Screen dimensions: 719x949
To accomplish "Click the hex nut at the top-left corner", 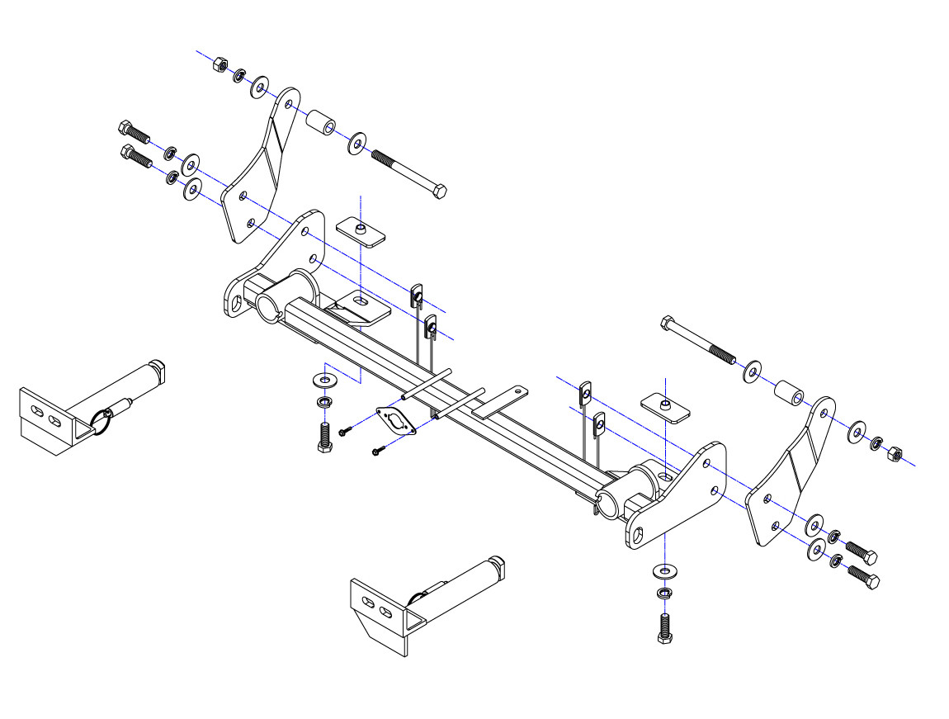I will [220, 64].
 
